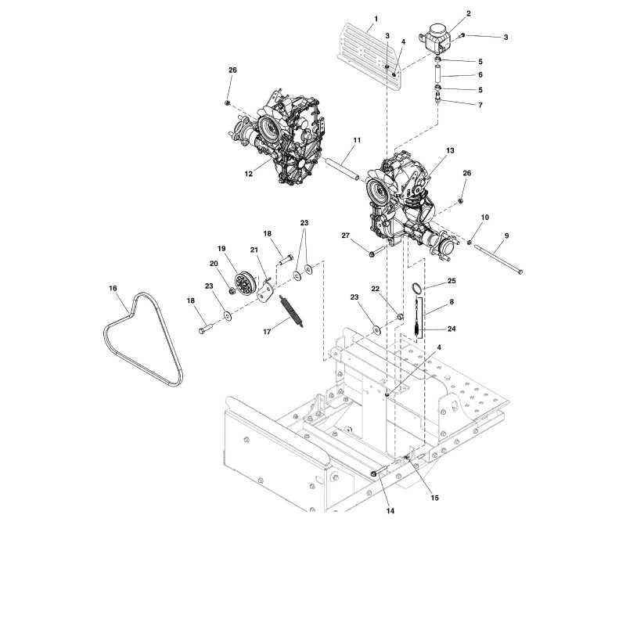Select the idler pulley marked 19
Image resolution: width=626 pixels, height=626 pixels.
[x=244, y=283]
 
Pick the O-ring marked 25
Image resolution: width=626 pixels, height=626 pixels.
[x=417, y=287]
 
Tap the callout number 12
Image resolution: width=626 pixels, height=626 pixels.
[x=249, y=174]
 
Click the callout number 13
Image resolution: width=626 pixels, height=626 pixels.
[x=451, y=150]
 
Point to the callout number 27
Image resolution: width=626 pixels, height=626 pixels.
[x=346, y=236]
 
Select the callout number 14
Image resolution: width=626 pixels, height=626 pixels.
[x=390, y=511]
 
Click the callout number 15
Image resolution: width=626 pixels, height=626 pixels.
[x=435, y=498]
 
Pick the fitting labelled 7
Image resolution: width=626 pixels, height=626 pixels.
[x=438, y=97]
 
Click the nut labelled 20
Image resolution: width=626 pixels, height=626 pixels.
[x=232, y=290]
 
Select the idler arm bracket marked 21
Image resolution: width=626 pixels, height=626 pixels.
[x=265, y=290]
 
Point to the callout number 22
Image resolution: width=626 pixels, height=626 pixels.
[x=376, y=289]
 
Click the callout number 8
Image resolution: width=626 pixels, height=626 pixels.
[x=452, y=302]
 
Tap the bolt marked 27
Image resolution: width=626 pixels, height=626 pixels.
[x=377, y=251]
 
